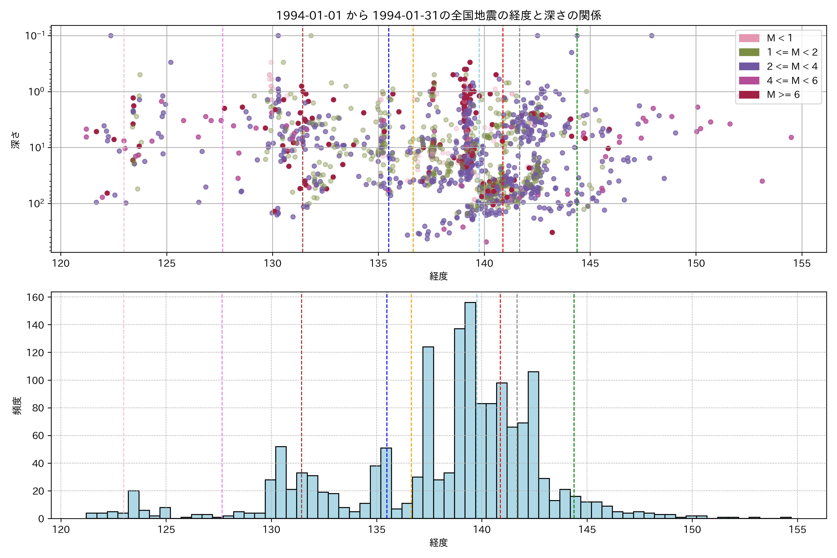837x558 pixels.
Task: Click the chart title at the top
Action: coord(438,15)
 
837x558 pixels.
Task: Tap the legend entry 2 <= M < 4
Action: coord(792,66)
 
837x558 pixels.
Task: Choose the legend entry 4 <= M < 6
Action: coord(792,81)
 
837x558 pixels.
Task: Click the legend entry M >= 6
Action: coord(783,95)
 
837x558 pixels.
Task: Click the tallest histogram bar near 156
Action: coord(470,409)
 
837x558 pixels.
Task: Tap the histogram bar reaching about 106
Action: coord(533,445)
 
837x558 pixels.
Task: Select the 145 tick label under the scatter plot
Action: coord(590,264)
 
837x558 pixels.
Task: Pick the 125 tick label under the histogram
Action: coord(166,530)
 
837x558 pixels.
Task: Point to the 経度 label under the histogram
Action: coord(438,543)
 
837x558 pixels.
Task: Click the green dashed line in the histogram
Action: coord(574,392)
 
